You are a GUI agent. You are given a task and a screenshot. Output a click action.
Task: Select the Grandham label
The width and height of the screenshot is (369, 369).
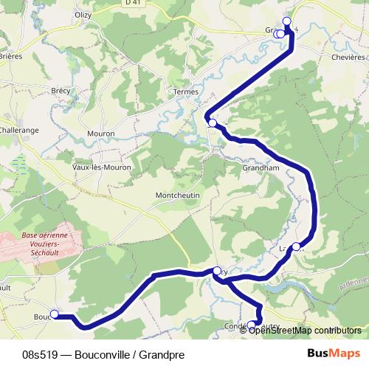[x=258, y=168]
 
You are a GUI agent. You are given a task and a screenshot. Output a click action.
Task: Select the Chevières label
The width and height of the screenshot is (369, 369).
[x=349, y=56]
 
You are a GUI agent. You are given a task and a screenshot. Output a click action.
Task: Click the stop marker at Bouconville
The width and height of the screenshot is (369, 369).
[x=54, y=314]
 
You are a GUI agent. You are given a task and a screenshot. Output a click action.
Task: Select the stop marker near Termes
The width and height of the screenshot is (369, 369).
[x=213, y=123]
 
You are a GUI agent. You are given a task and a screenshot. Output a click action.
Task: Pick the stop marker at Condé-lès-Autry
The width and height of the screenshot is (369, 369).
[x=251, y=324]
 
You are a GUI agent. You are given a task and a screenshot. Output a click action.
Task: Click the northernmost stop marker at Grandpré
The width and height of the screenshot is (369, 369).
[x=287, y=21]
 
